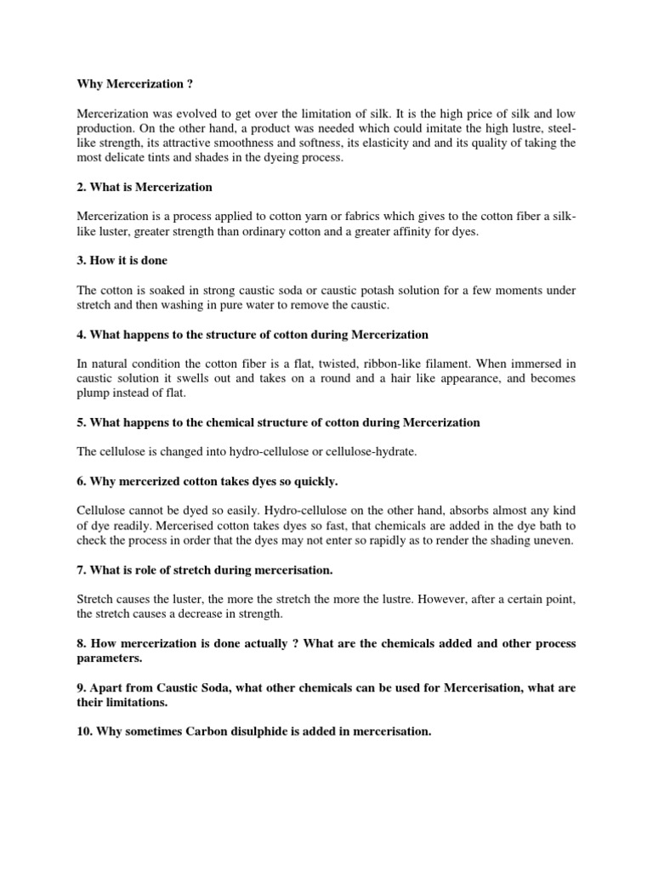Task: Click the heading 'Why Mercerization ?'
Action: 129,84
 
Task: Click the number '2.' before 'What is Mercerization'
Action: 82,186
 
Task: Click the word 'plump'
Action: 93,393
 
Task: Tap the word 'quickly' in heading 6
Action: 313,481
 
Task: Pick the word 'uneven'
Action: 554,540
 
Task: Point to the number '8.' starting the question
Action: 82,643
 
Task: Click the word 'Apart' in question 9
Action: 108,687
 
